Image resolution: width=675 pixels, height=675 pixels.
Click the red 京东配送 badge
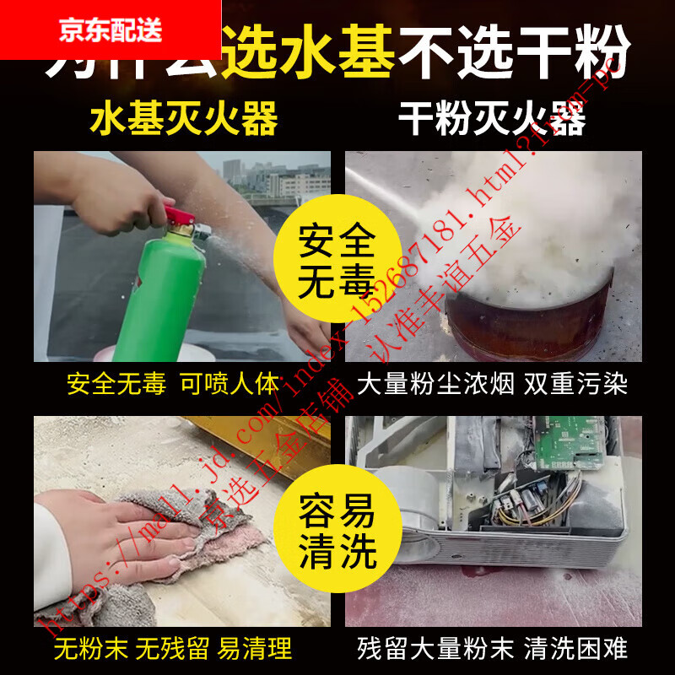(x=110, y=30)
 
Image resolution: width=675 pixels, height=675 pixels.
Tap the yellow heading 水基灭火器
(x=183, y=119)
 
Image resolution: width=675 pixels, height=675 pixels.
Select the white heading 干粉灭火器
(x=492, y=119)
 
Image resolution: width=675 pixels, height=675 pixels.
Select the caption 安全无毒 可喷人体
(x=173, y=385)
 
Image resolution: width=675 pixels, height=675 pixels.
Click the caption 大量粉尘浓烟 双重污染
(x=492, y=385)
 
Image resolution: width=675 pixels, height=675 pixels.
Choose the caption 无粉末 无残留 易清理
(x=173, y=648)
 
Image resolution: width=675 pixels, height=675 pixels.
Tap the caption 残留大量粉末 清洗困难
(x=492, y=648)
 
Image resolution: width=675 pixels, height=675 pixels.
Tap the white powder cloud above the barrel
(x=506, y=228)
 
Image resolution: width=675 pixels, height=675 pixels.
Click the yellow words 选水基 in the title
(x=312, y=55)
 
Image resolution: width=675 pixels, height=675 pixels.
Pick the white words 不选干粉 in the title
(x=515, y=55)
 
